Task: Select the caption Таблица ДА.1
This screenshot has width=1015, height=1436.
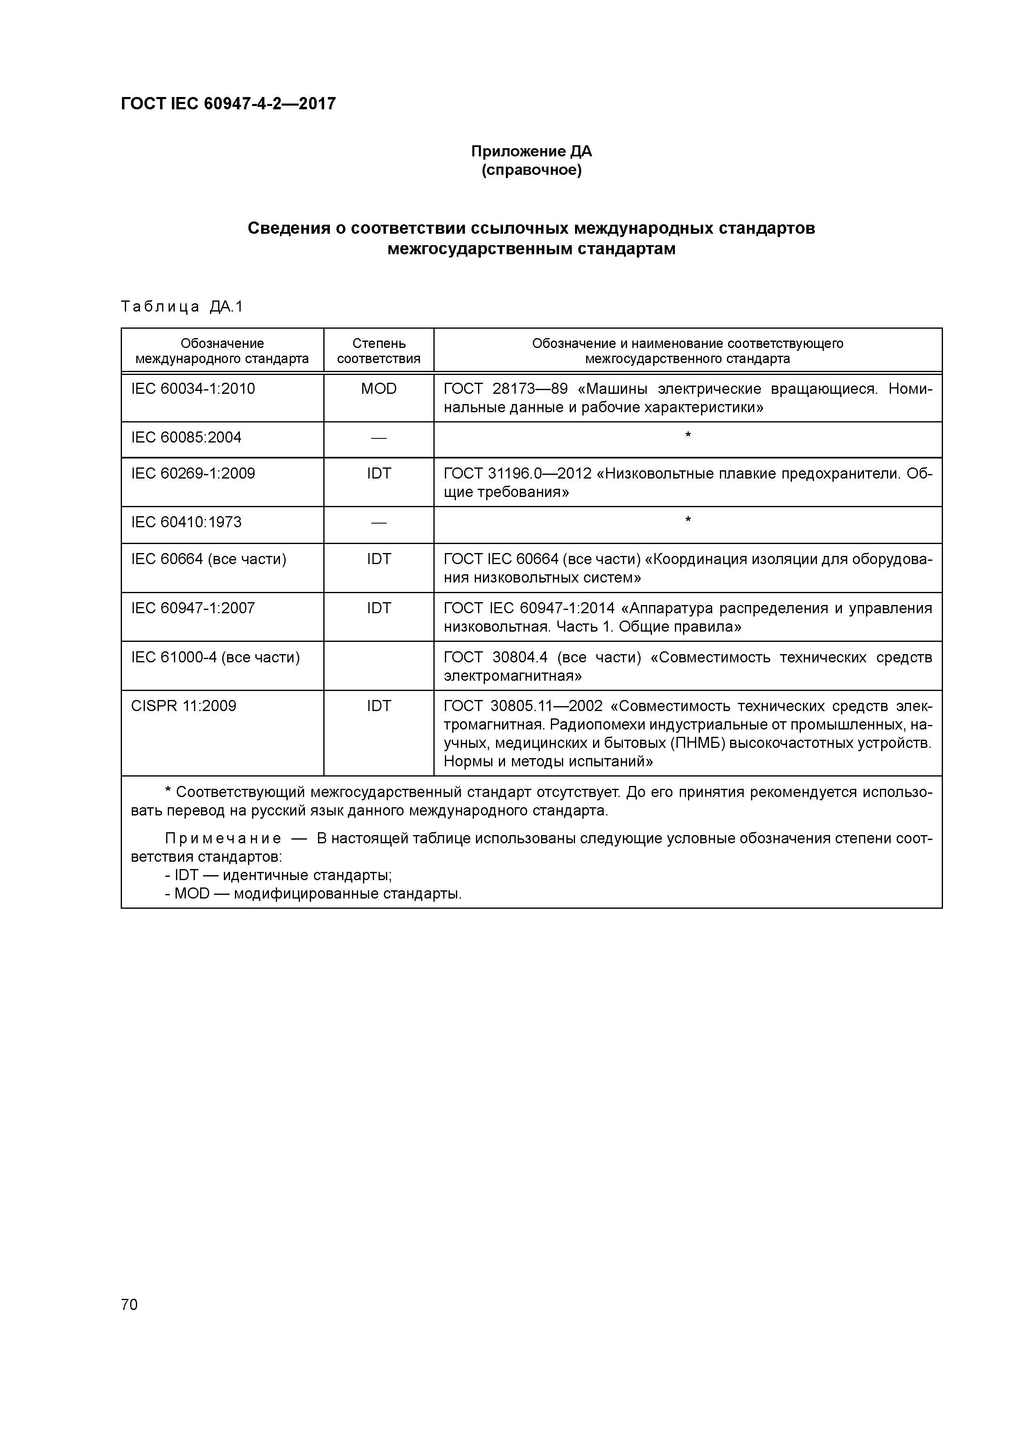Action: (x=181, y=307)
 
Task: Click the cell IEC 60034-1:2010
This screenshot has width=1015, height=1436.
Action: (x=193, y=389)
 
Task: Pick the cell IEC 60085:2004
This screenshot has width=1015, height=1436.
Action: (x=186, y=437)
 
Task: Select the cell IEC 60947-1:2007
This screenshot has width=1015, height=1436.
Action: (x=193, y=608)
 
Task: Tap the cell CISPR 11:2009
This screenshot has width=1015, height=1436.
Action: (x=184, y=706)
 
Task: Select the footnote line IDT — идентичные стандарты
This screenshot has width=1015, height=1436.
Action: (x=278, y=875)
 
